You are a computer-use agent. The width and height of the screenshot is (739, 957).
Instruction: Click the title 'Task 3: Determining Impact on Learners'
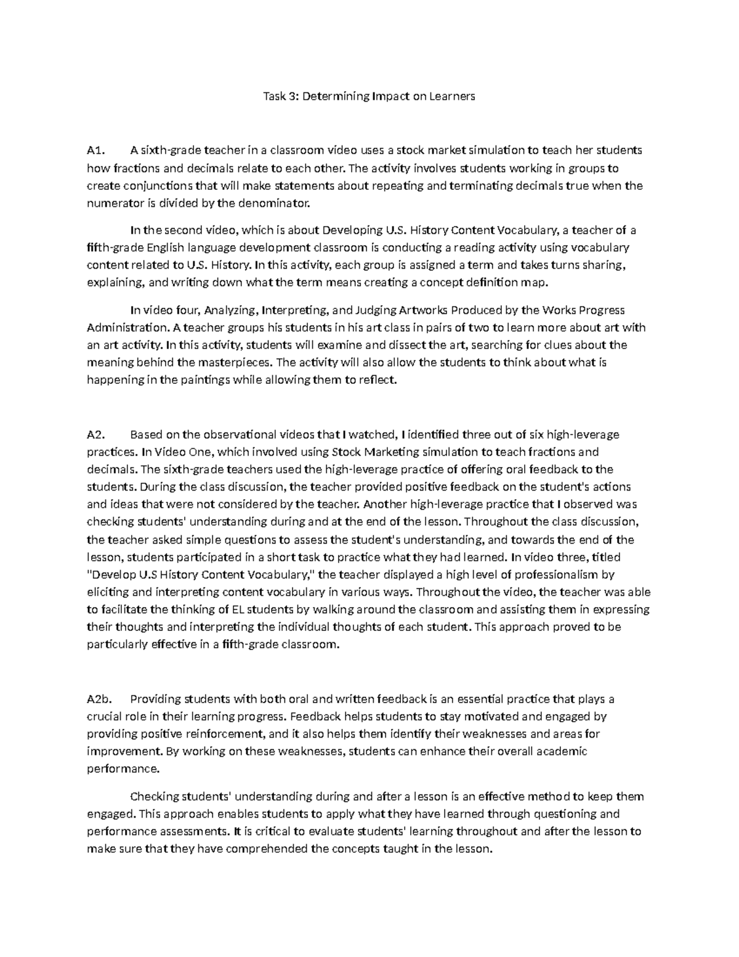pos(369,97)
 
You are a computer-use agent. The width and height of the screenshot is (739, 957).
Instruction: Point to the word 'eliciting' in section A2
pos(108,592)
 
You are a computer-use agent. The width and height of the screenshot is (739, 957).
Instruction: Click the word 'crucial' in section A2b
pos(104,717)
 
